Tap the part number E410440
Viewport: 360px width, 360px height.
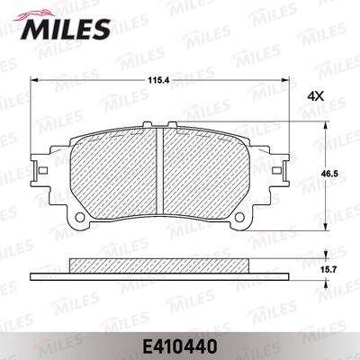point(180,344)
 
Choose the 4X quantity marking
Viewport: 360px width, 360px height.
point(315,94)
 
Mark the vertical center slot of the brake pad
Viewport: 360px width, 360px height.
point(158,171)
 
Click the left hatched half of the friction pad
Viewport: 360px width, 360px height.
point(112,171)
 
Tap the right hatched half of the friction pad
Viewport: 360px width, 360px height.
point(205,171)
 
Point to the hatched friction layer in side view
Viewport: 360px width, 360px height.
point(158,266)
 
